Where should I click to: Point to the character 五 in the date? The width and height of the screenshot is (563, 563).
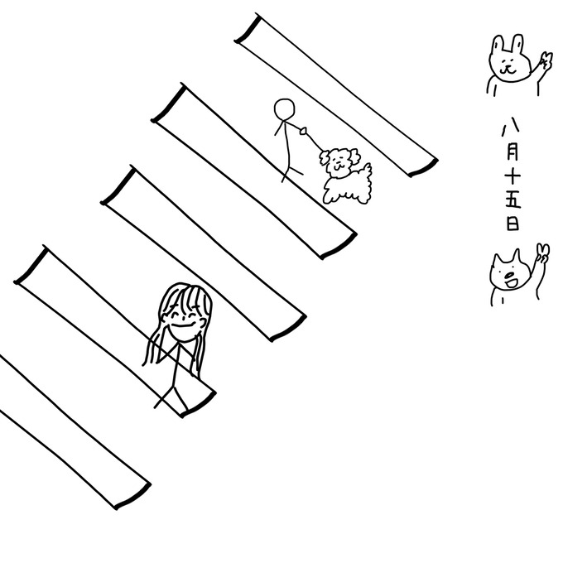(513, 200)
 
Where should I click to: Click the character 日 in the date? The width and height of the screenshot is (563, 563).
(512, 223)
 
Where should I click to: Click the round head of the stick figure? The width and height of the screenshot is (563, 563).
(284, 108)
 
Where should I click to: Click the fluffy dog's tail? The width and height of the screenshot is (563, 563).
(366, 171)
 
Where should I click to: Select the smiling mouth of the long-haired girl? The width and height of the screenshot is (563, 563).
(184, 327)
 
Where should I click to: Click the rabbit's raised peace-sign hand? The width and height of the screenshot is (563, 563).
(546, 61)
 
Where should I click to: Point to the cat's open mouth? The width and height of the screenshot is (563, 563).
(511, 281)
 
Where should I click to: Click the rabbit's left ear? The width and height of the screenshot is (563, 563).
(498, 44)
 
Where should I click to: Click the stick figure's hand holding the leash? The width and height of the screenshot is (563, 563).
(304, 131)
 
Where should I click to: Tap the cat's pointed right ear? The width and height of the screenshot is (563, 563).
(516, 256)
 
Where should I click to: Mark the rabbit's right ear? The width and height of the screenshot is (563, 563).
(517, 44)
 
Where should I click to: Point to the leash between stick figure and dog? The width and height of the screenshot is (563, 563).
(314, 142)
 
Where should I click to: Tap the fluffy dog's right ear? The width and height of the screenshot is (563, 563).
(354, 156)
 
